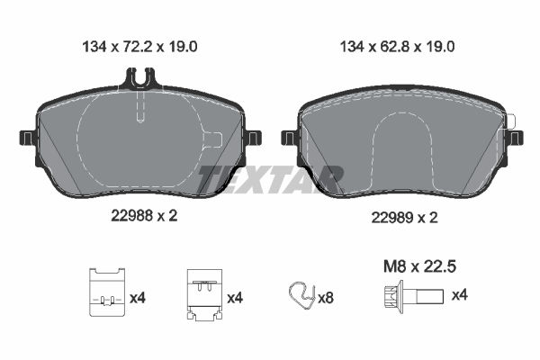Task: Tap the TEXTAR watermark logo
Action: (x=270, y=179)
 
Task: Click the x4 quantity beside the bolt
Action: (x=458, y=294)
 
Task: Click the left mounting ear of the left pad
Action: (x=27, y=138)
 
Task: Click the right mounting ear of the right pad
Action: (x=514, y=138)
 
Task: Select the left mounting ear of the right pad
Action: (x=289, y=138)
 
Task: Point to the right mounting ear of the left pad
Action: (x=253, y=138)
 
